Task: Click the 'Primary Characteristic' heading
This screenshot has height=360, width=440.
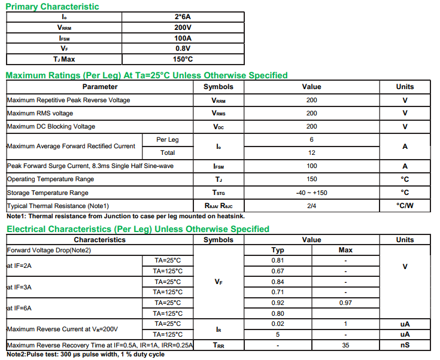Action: click(x=53, y=7)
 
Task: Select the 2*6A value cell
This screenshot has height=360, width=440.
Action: click(x=183, y=17)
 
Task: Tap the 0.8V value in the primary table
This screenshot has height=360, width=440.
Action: click(x=183, y=48)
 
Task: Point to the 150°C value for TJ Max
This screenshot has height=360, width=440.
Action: click(x=183, y=59)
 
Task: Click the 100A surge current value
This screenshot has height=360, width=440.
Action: click(x=183, y=38)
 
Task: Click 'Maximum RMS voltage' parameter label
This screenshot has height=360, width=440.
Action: click(x=40, y=113)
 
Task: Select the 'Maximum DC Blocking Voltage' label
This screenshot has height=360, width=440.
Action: click(x=51, y=126)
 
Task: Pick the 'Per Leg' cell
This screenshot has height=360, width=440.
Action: click(x=168, y=139)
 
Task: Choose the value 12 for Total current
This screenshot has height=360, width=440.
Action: click(x=311, y=152)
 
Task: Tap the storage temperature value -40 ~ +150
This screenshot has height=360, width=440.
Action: click(x=311, y=193)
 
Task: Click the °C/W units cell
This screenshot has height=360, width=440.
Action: click(x=405, y=206)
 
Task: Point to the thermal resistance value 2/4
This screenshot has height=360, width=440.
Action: click(x=311, y=206)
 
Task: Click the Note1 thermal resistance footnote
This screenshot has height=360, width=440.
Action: click(x=125, y=216)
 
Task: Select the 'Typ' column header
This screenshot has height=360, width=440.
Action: click(x=278, y=250)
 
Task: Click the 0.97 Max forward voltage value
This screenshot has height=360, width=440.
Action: click(x=345, y=303)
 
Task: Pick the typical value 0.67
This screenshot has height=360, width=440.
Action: click(x=278, y=271)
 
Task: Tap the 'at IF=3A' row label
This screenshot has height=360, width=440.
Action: click(x=19, y=287)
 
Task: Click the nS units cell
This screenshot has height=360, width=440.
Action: click(x=405, y=345)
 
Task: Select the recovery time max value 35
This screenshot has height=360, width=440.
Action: click(x=345, y=345)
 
